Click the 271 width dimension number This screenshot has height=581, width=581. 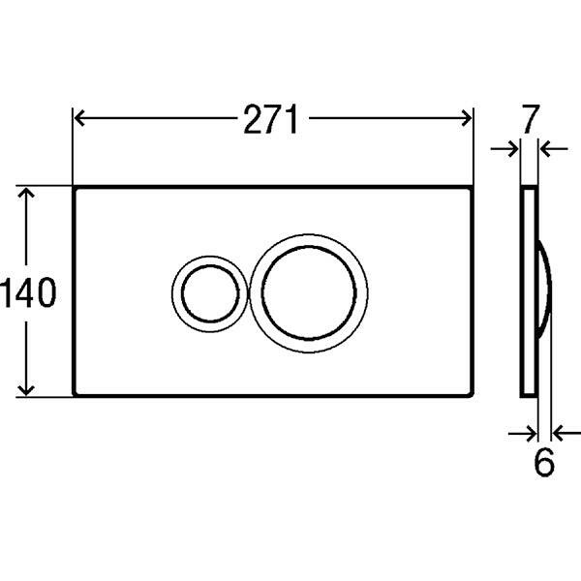270,119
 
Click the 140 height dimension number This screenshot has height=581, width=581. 28,292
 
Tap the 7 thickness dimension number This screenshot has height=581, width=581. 530,119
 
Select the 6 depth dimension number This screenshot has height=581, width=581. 544,462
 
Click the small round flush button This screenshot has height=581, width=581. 210,293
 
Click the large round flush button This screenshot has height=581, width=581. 309,293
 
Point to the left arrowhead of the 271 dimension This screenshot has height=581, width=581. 78,118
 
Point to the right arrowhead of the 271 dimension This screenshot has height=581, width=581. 466,118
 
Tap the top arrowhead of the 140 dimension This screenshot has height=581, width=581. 26,193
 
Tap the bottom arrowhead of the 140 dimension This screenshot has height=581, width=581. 26,390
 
